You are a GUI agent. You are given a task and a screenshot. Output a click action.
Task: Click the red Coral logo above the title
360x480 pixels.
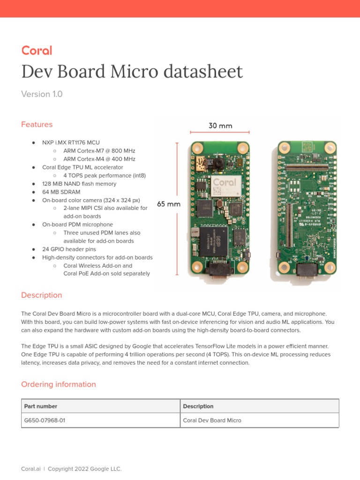37,51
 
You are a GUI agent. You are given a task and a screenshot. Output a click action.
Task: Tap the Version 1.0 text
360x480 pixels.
42,94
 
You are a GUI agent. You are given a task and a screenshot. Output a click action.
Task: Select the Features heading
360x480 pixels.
37,125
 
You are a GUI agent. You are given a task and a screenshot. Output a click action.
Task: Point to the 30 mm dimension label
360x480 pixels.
220,126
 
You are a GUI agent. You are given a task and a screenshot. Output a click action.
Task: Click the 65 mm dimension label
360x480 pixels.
168,204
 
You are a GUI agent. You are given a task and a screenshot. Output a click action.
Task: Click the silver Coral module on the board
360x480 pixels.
224,186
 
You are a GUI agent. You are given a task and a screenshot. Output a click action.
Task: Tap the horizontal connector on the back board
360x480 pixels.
307,166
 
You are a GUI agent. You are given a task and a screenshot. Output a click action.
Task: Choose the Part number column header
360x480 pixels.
41,406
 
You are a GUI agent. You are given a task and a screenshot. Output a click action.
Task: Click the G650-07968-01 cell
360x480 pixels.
45,420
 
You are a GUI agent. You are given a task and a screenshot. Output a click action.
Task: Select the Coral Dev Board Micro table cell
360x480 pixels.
212,420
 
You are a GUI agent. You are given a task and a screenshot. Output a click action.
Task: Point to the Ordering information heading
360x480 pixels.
59,384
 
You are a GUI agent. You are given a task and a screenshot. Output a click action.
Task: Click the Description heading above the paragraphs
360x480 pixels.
41,295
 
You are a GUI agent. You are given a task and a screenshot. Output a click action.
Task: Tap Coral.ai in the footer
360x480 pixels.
31,469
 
